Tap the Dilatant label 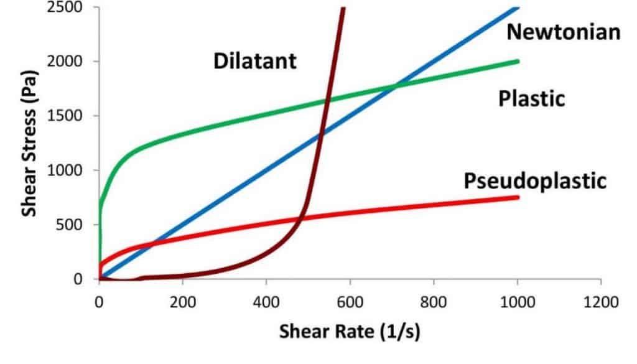click(255, 61)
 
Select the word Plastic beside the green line click(531, 98)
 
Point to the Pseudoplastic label click(534, 181)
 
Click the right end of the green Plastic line click(517, 61)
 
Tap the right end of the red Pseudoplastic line click(517, 197)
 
